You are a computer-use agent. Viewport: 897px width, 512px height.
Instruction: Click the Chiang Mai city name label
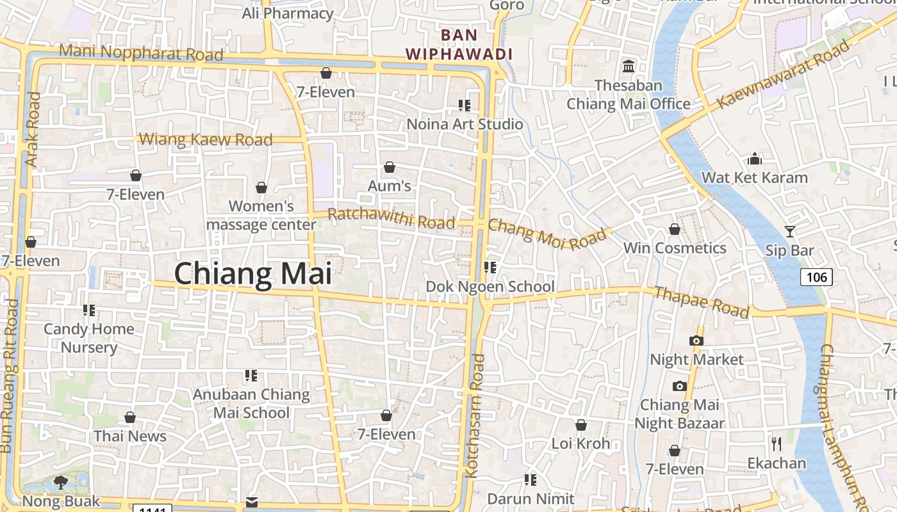(x=253, y=274)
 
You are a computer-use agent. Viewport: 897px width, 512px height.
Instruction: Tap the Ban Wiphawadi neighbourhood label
(x=460, y=45)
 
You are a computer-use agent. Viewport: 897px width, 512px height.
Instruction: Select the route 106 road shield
(x=816, y=277)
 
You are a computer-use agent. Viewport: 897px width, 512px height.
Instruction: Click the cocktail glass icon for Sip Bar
(x=789, y=232)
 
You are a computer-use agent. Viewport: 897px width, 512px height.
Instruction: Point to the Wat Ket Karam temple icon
(x=755, y=159)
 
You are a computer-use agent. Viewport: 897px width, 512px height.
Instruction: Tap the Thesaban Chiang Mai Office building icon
(x=629, y=67)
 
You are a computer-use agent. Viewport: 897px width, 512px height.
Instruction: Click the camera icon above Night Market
(x=696, y=340)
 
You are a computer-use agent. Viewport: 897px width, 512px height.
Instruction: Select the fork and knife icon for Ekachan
(x=777, y=444)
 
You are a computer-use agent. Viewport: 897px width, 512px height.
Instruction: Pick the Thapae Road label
(x=701, y=301)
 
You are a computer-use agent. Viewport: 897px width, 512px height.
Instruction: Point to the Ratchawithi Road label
(x=391, y=218)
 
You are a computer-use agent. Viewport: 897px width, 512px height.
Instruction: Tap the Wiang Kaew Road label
(x=206, y=140)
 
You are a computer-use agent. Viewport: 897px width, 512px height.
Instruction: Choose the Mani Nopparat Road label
(x=141, y=52)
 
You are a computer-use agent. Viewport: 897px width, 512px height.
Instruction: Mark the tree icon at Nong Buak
(x=61, y=482)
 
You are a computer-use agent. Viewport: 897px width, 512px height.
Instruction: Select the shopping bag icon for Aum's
(x=389, y=168)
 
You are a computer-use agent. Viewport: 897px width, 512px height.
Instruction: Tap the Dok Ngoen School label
(x=490, y=286)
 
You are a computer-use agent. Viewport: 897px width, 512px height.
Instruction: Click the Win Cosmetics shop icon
(x=674, y=229)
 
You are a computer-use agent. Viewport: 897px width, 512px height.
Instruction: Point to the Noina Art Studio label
(x=465, y=124)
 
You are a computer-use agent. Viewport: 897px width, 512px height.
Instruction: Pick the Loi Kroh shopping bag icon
(x=580, y=425)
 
